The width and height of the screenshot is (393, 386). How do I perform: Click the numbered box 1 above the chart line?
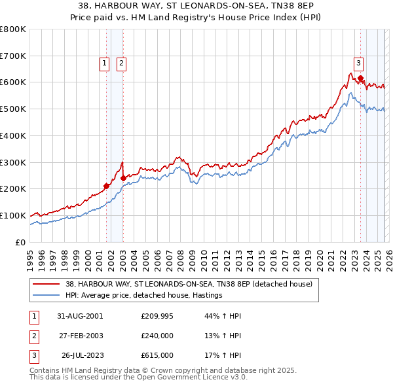104,63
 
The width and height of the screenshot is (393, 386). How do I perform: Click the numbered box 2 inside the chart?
122,63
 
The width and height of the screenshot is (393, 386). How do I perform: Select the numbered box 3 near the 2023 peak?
359,63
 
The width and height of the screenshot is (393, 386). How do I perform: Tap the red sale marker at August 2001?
107,186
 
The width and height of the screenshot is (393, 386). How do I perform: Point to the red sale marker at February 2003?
124,177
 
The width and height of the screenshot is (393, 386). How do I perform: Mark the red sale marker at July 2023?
360,79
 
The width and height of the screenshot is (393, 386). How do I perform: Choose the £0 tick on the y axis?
22,242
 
